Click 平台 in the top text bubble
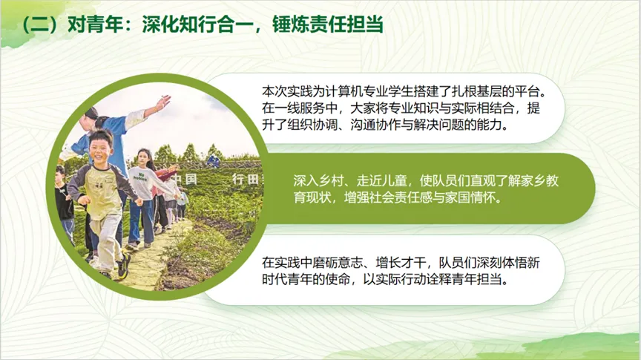(532, 92)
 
